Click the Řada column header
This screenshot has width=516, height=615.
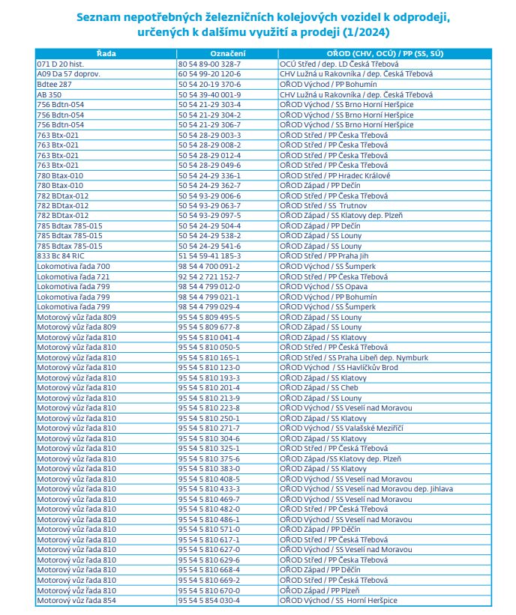(106, 55)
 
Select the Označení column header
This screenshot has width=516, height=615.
(226, 55)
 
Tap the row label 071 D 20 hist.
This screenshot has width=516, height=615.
(61, 65)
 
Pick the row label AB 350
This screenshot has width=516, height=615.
(49, 95)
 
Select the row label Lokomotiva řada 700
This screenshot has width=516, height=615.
(73, 266)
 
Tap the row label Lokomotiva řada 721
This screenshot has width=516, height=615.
(73, 276)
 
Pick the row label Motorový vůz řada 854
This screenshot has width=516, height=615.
(76, 600)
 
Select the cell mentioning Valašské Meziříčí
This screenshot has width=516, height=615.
(341, 428)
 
